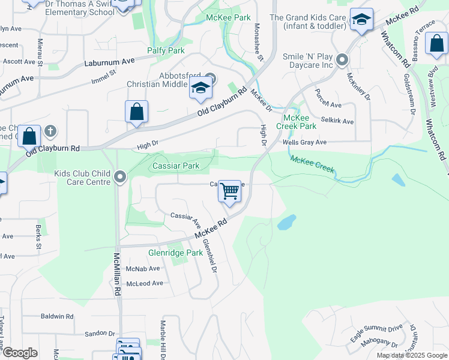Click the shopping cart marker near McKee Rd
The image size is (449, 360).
coord(230,192)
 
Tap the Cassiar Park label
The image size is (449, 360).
coord(176,166)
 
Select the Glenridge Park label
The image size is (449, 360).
coord(176,253)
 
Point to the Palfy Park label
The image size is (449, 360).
coord(168,51)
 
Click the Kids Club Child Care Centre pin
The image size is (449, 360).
coord(120,177)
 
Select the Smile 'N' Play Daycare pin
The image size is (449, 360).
coord(342,60)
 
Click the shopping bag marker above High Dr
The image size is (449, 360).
coord(137,112)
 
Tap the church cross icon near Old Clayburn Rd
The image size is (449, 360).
coord(50,130)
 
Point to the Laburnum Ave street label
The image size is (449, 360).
coord(109,61)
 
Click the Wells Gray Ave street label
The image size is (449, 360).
coord(304,143)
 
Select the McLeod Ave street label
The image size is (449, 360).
coord(144,283)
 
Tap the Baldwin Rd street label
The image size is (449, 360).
coord(57,316)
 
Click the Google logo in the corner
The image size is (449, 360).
coord(20,353)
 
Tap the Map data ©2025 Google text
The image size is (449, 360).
coord(411,355)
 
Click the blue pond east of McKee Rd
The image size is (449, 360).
coord(287,223)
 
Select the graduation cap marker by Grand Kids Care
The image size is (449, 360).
coord(361,21)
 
